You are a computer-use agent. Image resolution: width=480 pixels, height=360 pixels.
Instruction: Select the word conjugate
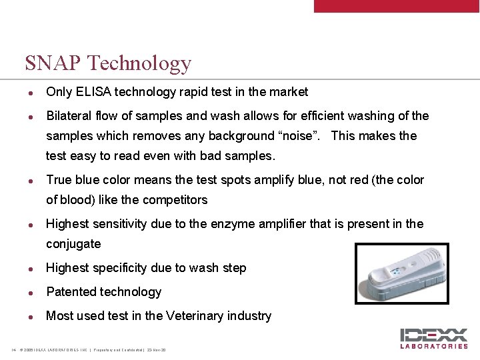coord(73,245)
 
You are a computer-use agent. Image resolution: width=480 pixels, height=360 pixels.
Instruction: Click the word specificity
coord(126,268)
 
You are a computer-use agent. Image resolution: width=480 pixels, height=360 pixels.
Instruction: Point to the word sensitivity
coord(119,224)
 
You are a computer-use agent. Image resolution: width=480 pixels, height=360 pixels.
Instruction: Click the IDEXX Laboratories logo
coord(433,339)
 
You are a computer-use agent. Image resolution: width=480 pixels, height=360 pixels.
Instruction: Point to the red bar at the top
coord(397,6)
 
